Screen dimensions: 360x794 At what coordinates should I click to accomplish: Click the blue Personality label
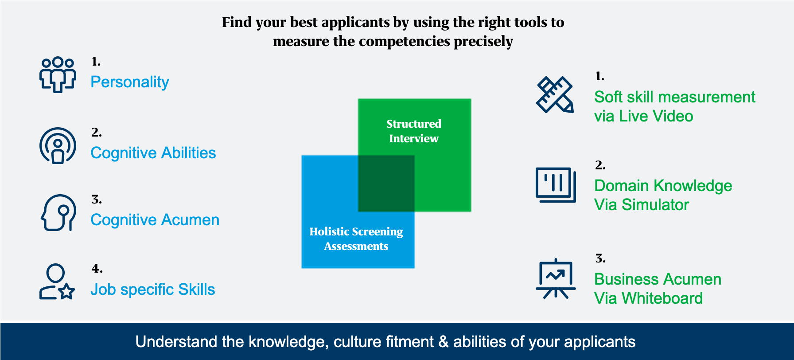129,82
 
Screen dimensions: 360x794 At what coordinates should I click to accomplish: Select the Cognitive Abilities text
153,153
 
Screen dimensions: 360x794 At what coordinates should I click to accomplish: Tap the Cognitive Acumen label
155,220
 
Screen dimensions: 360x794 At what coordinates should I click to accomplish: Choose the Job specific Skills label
152,290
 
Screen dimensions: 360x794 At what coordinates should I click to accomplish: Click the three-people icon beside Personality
58,74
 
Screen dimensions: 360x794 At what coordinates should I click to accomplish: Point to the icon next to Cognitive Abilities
58,146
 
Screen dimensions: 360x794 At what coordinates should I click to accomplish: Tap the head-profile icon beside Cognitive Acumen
58,213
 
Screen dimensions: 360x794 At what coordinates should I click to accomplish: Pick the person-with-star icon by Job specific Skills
57,282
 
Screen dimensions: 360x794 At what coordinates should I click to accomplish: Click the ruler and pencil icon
555,95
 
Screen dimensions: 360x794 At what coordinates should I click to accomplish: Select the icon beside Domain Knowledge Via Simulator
555,185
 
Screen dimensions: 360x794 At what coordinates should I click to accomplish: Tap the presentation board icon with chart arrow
555,279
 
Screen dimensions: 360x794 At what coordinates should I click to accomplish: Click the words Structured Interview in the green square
414,131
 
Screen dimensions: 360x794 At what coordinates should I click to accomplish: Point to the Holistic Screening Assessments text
356,239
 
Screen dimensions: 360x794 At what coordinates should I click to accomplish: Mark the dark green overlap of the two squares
386,183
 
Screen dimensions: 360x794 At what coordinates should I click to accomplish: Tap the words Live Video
656,116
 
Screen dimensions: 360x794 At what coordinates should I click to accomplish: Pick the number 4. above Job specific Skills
97,269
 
